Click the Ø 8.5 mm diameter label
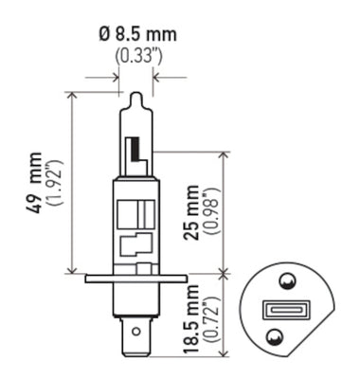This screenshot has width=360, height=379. click(137, 35)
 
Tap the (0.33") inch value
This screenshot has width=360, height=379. click(137, 56)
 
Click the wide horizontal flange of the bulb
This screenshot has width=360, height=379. click(136, 278)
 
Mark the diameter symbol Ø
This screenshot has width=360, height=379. click(105, 35)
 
